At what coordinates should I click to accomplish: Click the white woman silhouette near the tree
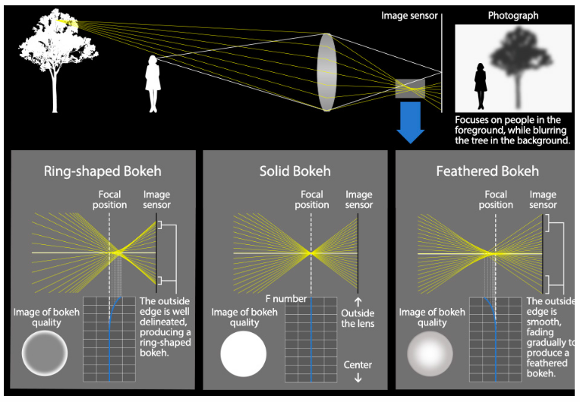pos(153,84)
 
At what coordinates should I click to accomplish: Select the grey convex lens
pos(326,72)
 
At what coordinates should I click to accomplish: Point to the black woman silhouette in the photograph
pos(480,86)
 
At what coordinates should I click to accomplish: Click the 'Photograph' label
pos(513,15)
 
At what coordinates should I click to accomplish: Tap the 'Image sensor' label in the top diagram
pos(409,15)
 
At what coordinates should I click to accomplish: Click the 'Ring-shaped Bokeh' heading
pos(102,171)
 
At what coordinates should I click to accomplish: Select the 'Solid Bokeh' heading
pos(295,171)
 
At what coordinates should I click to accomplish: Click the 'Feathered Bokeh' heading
pos(487,171)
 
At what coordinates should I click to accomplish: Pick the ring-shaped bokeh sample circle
pos(45,353)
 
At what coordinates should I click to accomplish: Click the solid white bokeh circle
pos(244,353)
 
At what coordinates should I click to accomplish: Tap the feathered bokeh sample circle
pos(430,353)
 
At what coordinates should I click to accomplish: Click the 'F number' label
pos(286,299)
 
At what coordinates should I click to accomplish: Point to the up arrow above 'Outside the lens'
pos(358,302)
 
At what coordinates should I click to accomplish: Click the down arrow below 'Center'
pos(358,378)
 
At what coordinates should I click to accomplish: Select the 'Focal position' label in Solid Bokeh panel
pos(312,199)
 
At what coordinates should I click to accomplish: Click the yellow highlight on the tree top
pos(68,24)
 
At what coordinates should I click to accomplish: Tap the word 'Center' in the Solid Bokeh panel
pos(358,365)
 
